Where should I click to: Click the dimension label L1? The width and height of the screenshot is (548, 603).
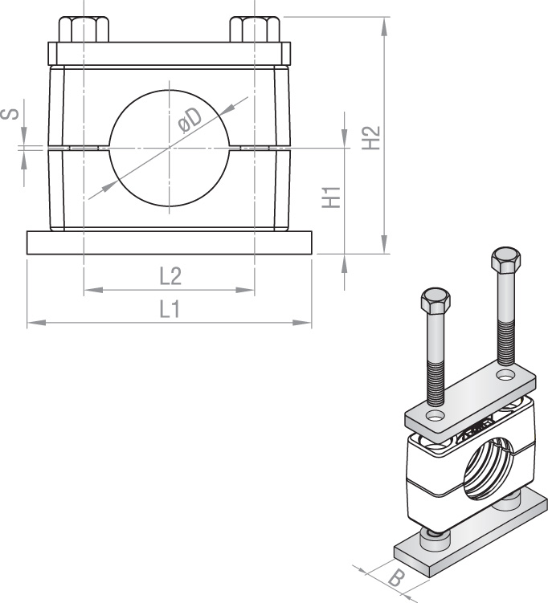tap(170, 310)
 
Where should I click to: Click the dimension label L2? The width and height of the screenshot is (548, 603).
tap(170, 276)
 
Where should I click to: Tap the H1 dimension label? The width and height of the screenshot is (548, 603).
tap(331, 198)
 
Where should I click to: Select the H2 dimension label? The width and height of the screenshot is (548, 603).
tap(371, 137)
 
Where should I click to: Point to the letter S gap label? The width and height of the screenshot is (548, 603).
tap(10, 114)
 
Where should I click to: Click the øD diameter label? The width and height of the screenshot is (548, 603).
tap(190, 120)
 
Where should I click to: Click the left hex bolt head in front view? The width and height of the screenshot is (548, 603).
tap(84, 29)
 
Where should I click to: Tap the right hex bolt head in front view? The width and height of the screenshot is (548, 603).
tap(255, 29)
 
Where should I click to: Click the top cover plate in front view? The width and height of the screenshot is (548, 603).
tap(170, 54)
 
